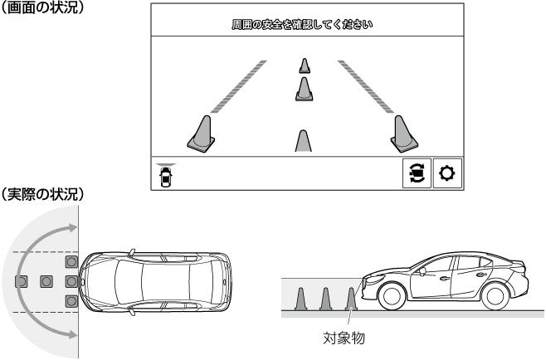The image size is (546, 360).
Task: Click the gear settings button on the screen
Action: pyautogui.click(x=447, y=173)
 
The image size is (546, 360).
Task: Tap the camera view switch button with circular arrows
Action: pyautogui.click(x=417, y=173)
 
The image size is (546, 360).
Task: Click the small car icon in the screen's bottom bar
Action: pyautogui.click(x=166, y=176)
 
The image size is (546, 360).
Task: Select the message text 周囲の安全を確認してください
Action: pyautogui.click(x=302, y=24)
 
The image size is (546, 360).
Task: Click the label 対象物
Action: pyautogui.click(x=344, y=338)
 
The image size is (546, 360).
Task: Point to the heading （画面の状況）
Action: pyautogui.click(x=42, y=7)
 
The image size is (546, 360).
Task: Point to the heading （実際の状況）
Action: pyautogui.click(x=42, y=194)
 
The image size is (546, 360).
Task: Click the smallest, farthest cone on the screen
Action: pyautogui.click(x=305, y=66)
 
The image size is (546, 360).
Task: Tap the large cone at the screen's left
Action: pyautogui.click(x=202, y=134)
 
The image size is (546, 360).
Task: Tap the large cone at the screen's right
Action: pyautogui.click(x=403, y=134)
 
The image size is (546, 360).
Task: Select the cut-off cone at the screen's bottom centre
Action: pyautogui.click(x=304, y=141)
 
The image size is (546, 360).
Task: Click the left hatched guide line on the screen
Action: pyautogui.click(x=238, y=87)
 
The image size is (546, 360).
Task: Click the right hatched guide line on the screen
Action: pyautogui.click(x=366, y=87)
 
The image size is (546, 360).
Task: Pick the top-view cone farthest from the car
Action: pyautogui.click(x=22, y=281)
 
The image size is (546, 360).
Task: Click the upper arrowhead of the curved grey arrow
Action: pyautogui.click(x=72, y=228)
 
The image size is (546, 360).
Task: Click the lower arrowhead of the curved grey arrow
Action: pyautogui.click(x=72, y=334)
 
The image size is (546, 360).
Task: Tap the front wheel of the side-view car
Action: pyautogui.click(x=392, y=296)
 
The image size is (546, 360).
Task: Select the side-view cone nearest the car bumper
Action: pyautogui.click(x=351, y=299)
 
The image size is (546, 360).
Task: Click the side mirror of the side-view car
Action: pyautogui.click(x=422, y=271)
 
